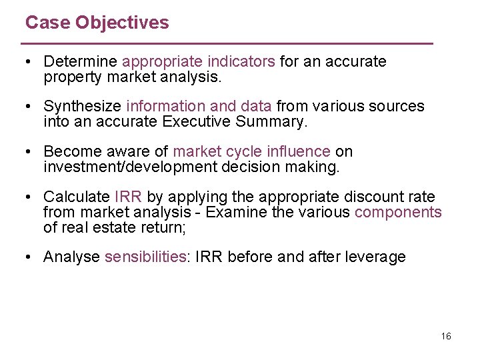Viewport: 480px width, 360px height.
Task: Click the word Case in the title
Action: (x=47, y=23)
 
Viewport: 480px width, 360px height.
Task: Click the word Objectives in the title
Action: (x=122, y=23)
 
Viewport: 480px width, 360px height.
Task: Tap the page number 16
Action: (x=446, y=336)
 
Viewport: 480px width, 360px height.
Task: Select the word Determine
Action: (x=80, y=62)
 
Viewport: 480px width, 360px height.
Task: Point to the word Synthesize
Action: (x=82, y=107)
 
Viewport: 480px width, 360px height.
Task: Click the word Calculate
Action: (x=76, y=197)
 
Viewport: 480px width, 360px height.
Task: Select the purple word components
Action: (x=398, y=212)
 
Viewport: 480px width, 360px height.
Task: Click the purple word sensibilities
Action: (x=145, y=257)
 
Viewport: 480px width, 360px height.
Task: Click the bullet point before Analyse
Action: (x=29, y=257)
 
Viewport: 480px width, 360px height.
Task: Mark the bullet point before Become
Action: (x=29, y=151)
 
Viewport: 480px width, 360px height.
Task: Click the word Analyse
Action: (x=71, y=257)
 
